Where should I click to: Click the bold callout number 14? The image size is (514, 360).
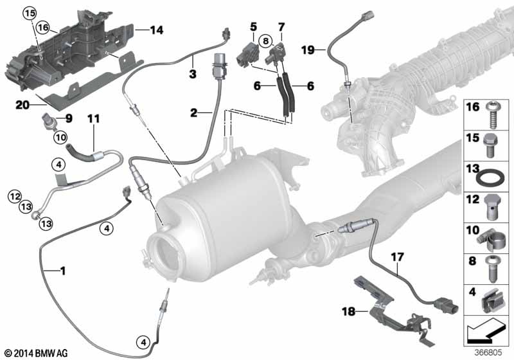157,30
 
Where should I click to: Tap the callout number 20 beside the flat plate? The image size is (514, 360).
22,105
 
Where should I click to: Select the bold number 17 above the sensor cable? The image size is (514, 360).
397,257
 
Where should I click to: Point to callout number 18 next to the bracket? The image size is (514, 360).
348,311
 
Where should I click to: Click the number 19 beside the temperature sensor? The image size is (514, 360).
308,50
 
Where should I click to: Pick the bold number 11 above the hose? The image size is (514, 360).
93,119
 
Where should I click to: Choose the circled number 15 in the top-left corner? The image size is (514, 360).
30,14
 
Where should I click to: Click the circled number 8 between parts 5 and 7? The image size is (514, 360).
265,41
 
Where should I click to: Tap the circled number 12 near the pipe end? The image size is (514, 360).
15,197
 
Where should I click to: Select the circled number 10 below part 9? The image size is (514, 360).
60,137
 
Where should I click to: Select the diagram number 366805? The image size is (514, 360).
488,352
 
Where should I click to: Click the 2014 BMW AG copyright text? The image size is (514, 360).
37,353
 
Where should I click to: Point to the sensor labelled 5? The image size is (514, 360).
248,55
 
